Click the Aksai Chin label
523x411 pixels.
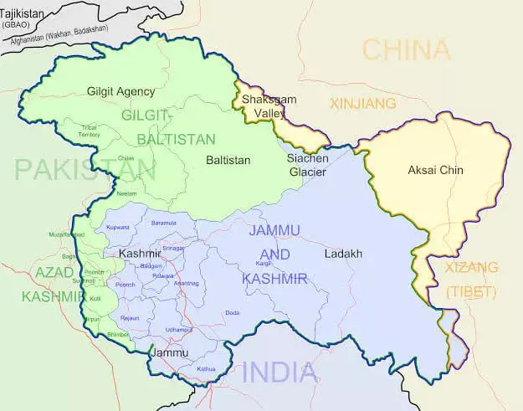[435, 171]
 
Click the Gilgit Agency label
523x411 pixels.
[121, 90]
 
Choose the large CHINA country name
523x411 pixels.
[406, 49]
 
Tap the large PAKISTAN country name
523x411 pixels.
[84, 170]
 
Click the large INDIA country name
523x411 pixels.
[280, 372]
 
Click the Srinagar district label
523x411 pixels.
[173, 249]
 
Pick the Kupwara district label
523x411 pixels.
[117, 227]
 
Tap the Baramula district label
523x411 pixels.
[163, 223]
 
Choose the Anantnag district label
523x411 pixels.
[187, 284]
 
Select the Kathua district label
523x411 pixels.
[205, 368]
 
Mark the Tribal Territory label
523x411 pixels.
[89, 131]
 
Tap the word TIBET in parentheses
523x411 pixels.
[471, 292]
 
